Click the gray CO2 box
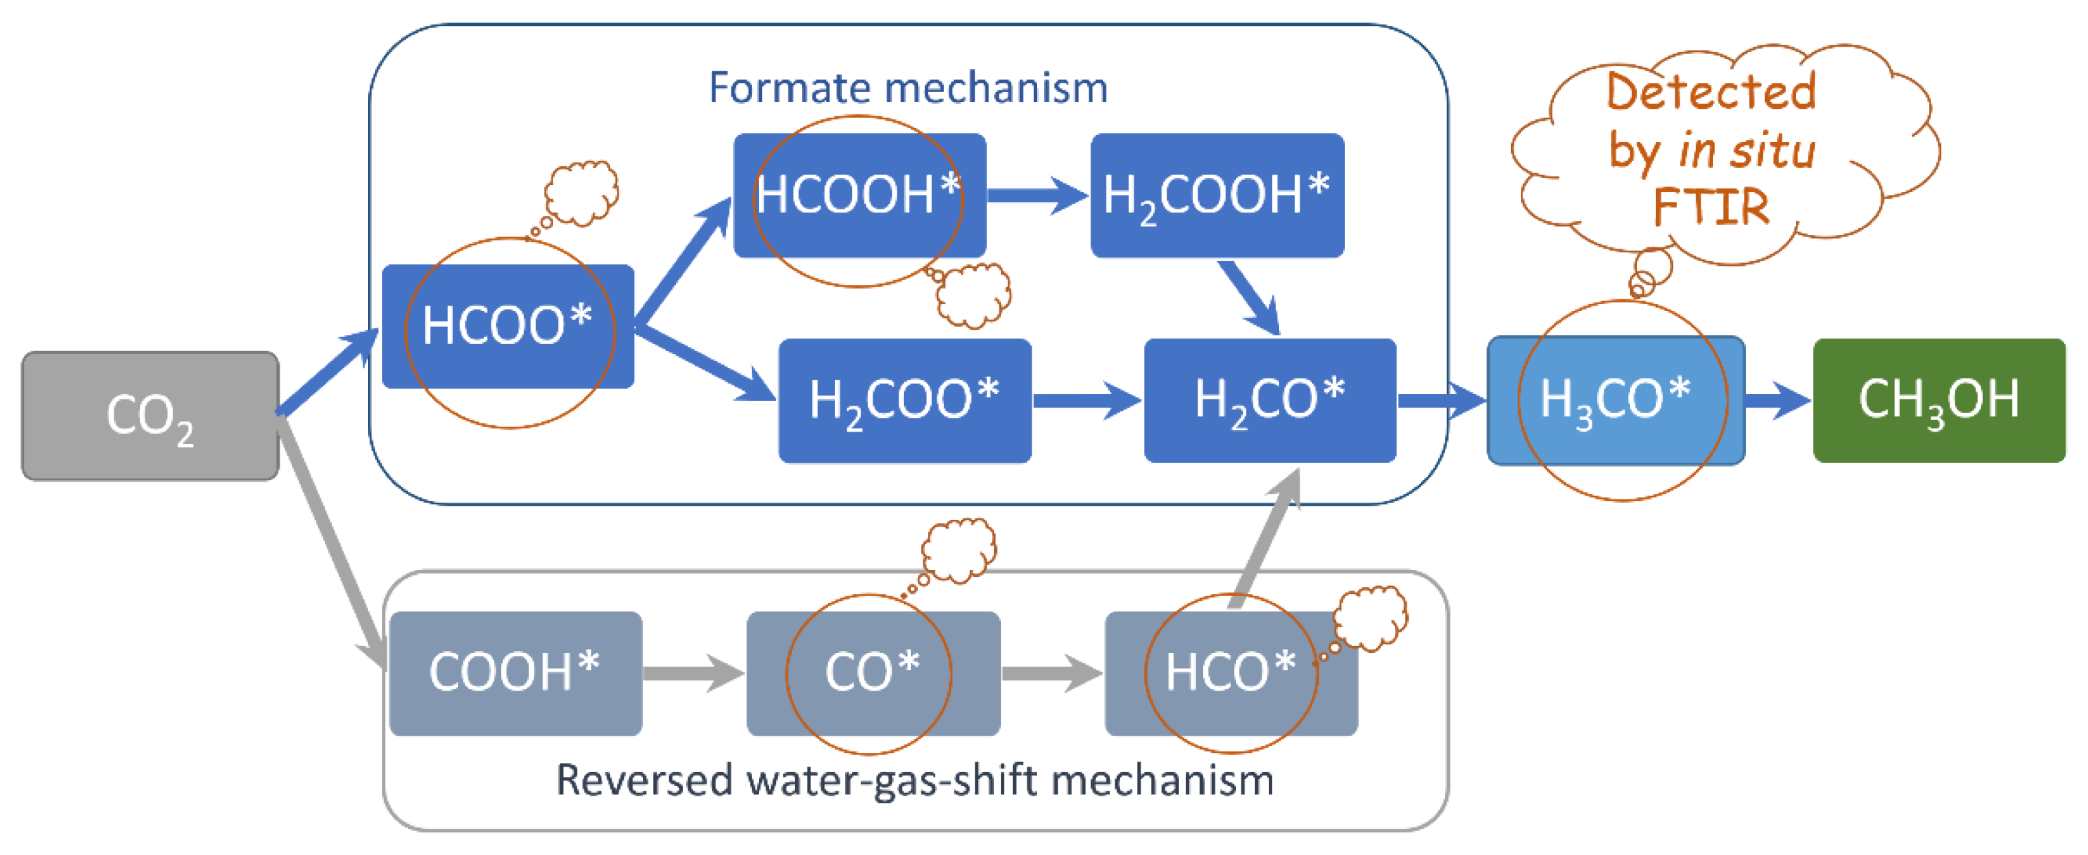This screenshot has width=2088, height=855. pos(150,416)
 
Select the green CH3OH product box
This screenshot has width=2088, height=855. pos(1939,400)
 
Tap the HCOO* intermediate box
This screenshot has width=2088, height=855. pos(507,327)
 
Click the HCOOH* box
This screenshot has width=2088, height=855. pos(859,195)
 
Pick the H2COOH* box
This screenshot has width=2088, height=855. pos(1217,195)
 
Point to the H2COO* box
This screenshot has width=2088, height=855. pos(905,400)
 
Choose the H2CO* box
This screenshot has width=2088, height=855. pos(1270,400)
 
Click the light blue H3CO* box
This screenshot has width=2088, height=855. pos(1616,400)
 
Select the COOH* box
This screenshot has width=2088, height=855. pos(515,673)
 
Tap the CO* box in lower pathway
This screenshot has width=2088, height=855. pos(873,673)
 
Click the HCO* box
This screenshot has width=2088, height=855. pos(1230,673)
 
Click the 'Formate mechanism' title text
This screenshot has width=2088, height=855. pos(908,88)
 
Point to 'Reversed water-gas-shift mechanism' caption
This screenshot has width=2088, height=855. pos(914,780)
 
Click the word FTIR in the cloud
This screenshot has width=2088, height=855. pos(1710,207)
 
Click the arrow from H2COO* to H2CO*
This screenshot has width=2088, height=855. pos(1086,400)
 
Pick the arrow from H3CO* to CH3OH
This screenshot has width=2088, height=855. pos(1777,400)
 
